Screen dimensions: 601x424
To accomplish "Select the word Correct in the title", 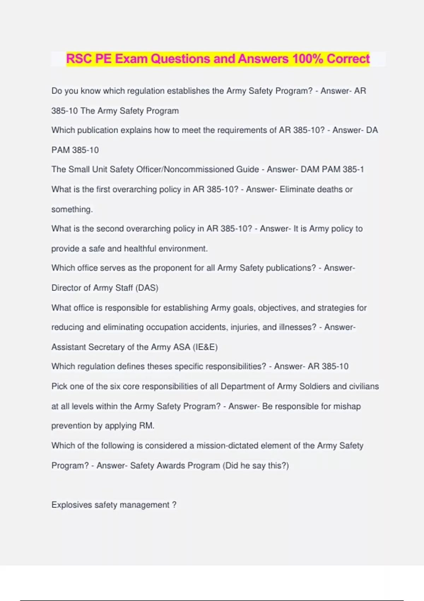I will point(348,59).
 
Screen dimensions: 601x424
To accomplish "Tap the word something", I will point(72,209).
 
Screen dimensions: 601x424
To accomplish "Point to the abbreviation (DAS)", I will point(147,288).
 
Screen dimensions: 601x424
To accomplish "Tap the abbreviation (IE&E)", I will point(205,347).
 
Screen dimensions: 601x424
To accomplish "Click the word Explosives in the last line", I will point(72,505).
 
